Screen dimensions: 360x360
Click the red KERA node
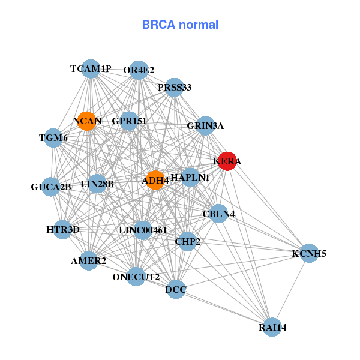227,161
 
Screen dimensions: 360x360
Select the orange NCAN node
87,121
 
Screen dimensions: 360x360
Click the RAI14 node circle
272,327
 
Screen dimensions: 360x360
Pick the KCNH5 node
308,253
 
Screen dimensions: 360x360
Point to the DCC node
176,290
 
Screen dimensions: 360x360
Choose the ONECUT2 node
136,277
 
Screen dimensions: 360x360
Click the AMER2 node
89,260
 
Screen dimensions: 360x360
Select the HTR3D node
62,229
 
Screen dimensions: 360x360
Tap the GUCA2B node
51,187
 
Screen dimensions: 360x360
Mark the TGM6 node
53,138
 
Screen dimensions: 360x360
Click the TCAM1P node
91,69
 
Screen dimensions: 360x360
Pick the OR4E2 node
139,70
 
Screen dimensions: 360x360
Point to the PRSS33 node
175,88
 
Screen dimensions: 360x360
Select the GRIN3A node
205,126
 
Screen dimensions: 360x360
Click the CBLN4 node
218,214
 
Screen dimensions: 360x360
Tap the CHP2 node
188,241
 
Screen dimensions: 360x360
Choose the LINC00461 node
143,230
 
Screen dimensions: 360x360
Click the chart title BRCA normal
180,25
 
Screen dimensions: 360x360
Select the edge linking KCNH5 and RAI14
290,290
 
